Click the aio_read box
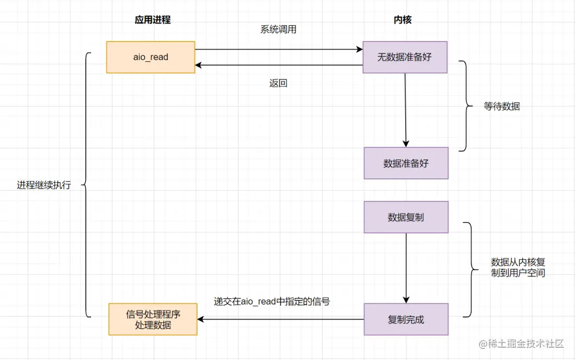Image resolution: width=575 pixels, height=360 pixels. coord(150,57)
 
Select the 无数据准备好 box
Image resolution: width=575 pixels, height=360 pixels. coord(405,57)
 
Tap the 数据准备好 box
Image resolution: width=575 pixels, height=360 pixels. coord(406,163)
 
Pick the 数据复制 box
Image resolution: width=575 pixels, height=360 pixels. coord(406,217)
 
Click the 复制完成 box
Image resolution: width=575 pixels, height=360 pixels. coord(406,320)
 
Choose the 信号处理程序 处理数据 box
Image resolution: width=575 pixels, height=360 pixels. coord(153,320)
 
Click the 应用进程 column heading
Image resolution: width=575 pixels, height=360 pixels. coord(153,20)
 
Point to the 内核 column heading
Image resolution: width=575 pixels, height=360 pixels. coord(402,20)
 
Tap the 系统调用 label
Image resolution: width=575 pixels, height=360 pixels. coord(278,29)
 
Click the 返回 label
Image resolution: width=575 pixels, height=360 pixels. coord(278,83)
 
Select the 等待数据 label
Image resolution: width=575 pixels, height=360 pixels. coord(502,107)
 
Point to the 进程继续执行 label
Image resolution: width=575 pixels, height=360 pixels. coord(44,185)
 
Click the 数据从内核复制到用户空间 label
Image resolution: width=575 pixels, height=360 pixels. coord(518,267)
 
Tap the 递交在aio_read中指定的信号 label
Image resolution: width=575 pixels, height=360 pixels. coord(272,301)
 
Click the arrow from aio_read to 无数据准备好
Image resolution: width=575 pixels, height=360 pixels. coord(278,49)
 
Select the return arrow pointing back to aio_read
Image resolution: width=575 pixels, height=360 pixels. coord(278,66)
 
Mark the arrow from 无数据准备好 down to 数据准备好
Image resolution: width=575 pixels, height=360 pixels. coord(405,110)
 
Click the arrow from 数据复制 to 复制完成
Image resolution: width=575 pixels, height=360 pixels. coord(406,268)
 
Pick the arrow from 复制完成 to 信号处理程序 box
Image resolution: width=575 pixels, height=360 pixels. coord(281,320)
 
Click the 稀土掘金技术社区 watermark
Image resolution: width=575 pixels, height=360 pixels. coord(521,344)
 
